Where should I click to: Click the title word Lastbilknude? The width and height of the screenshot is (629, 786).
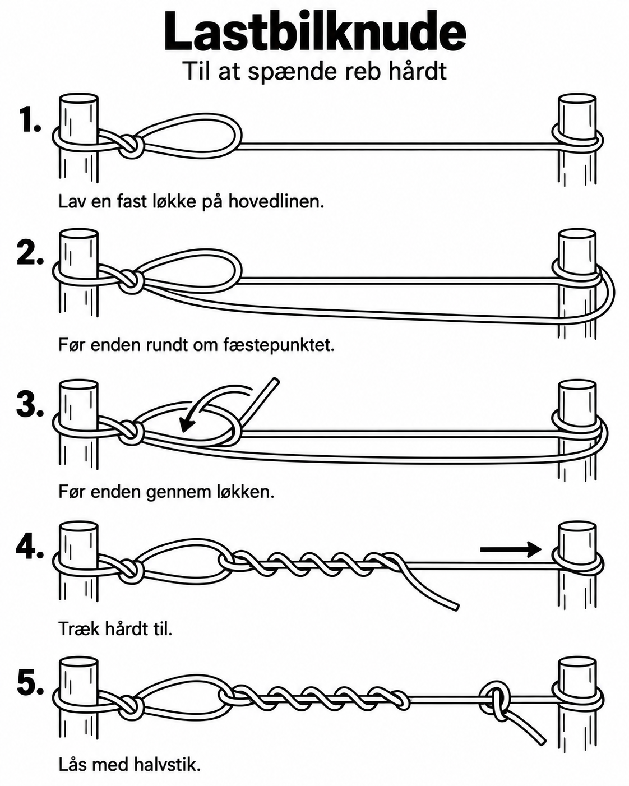pos(315,32)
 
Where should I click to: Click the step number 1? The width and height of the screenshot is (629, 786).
pos(30,120)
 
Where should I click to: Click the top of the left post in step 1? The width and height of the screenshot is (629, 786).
pos(78,100)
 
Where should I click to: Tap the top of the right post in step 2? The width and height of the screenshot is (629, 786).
pos(577,234)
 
